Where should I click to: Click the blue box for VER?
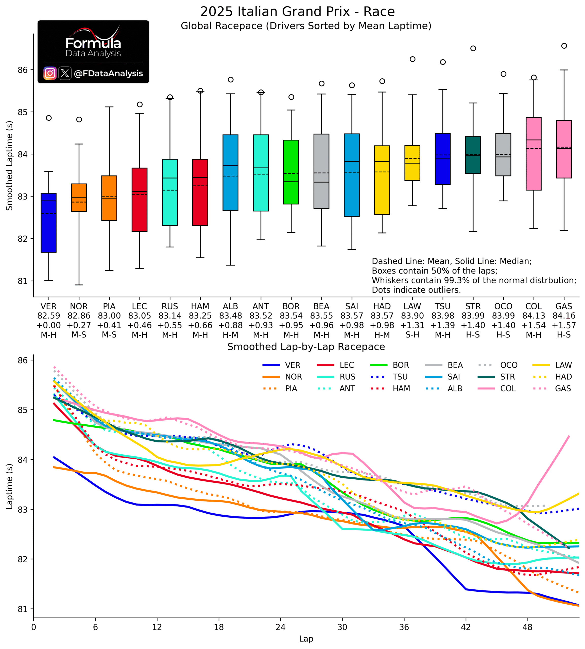coord(48,223)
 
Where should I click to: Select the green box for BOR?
coord(291,172)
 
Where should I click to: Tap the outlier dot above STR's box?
coord(473,48)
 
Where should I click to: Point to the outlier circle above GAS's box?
coord(564,46)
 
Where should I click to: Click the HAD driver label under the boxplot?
coord(382,306)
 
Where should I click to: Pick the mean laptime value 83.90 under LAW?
coord(412,316)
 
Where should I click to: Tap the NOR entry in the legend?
coord(282,377)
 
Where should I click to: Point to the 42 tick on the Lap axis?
coord(466,627)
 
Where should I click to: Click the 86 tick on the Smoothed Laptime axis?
coord(23,70)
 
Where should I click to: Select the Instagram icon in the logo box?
coord(50,73)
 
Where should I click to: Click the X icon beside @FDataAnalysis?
coord(65,73)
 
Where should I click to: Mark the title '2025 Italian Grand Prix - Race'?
coord(297,12)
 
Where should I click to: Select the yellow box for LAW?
coord(412,163)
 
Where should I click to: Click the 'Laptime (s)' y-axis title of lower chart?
coord(9,486)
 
